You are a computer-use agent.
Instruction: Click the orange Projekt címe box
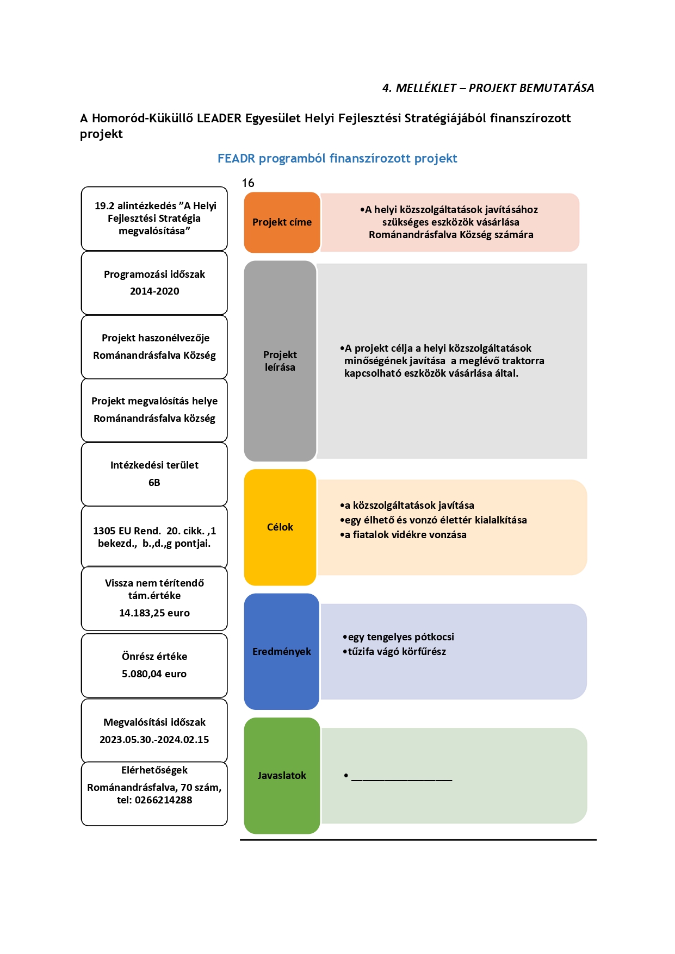[282, 222]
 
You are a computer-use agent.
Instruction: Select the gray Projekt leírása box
[280, 361]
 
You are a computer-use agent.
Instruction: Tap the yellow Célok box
[280, 527]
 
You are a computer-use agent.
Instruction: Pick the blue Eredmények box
[282, 651]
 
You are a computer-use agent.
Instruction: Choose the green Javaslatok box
[282, 776]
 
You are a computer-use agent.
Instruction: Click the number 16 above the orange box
[248, 183]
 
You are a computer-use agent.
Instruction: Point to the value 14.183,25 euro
[154, 613]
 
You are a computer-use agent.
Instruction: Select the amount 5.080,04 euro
[154, 674]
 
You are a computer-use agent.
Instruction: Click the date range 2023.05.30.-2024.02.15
[154, 740]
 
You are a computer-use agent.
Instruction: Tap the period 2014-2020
[154, 291]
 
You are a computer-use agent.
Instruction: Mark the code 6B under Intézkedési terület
[154, 483]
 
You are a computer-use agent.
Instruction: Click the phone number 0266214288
[164, 800]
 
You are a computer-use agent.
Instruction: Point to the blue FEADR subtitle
[337, 159]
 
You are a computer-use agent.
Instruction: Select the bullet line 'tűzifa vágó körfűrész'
[394, 652]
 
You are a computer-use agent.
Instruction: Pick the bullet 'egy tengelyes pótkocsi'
[398, 637]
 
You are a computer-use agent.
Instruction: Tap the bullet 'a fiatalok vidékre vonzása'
[403, 535]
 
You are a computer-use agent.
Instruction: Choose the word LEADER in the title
[219, 119]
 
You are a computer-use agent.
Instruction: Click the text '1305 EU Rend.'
[127, 531]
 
